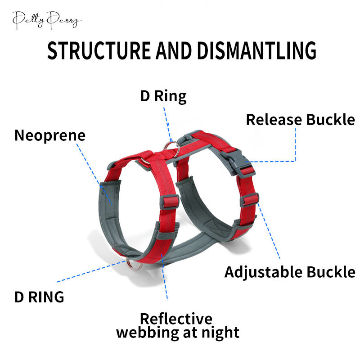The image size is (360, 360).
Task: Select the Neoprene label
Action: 50,135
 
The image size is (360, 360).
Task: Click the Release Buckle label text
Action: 300,120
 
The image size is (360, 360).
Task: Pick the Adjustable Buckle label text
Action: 290,272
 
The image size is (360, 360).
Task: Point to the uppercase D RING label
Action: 39,297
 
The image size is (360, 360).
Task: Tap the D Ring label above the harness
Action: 163,96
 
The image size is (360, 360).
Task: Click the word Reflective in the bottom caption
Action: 176,319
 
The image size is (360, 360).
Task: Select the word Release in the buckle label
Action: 274,120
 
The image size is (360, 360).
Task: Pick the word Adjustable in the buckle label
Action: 263,272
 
